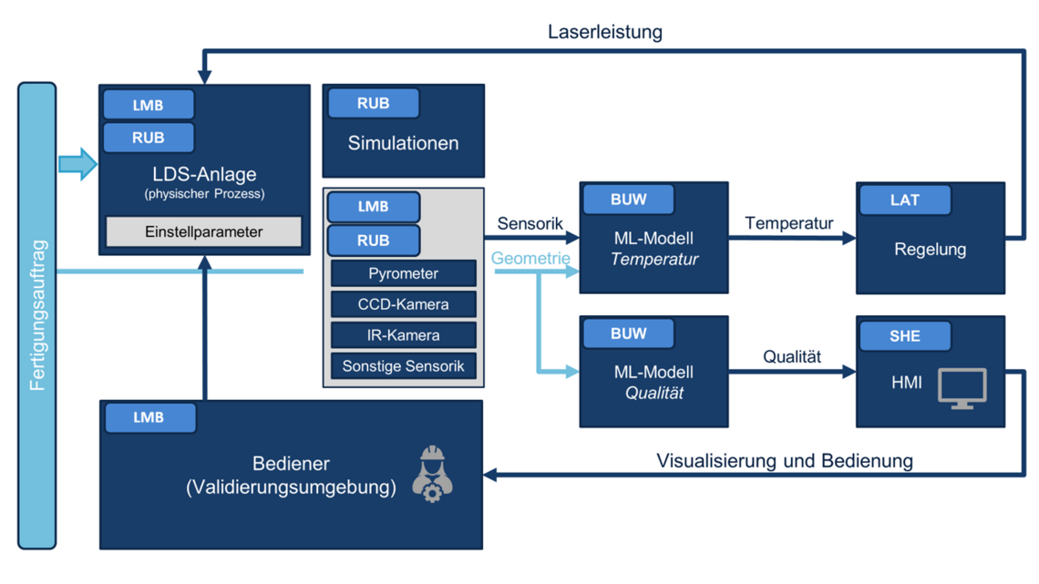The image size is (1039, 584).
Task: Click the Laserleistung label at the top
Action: point(604,32)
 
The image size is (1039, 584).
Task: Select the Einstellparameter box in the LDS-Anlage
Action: point(203,232)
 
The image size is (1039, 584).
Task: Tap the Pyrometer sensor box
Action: point(403,273)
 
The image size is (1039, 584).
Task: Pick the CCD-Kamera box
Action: point(403,304)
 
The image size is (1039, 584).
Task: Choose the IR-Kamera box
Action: point(403,335)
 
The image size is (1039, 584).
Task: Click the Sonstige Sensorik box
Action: point(403,366)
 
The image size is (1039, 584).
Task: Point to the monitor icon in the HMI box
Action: point(962,388)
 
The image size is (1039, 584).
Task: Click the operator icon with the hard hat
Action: point(433,475)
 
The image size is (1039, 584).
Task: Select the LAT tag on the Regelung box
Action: point(904,200)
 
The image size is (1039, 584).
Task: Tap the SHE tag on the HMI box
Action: point(904,335)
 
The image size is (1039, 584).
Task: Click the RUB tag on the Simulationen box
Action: point(373,103)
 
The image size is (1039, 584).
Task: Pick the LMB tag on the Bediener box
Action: point(149,417)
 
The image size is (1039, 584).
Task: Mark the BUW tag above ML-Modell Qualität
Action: point(628,333)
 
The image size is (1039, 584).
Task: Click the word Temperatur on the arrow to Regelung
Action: point(788,223)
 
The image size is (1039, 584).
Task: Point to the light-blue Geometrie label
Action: point(530,259)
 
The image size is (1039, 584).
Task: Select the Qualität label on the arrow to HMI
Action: point(792,357)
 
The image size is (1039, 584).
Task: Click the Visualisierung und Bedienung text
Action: point(785,461)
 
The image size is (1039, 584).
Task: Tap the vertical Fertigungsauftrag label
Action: point(37,315)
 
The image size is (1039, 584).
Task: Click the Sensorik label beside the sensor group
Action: point(530,224)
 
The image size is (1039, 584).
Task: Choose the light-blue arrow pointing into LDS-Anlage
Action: point(77,164)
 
